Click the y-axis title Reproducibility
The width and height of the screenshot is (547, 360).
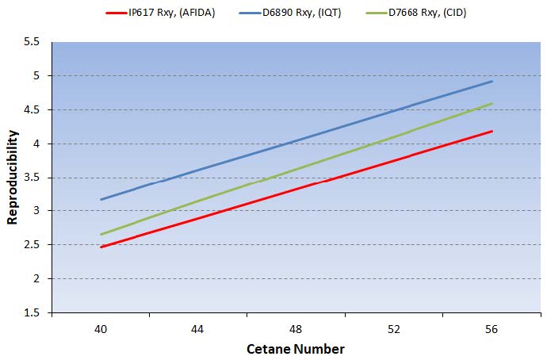click(x=12, y=177)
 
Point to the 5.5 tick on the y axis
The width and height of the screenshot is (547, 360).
click(x=32, y=42)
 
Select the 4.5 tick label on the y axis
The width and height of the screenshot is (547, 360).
click(x=32, y=109)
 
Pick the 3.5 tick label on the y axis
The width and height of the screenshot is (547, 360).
click(x=32, y=177)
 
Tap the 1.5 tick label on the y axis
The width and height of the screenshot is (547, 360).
click(x=32, y=312)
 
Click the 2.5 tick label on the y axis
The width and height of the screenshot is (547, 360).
click(x=32, y=245)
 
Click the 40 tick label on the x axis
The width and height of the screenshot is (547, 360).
click(x=101, y=329)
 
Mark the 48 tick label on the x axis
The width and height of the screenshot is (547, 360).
click(x=296, y=329)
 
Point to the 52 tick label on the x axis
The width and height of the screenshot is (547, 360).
click(x=394, y=329)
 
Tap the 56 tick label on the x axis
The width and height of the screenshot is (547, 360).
click(x=492, y=329)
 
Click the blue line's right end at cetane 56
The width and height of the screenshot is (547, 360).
click(x=492, y=81)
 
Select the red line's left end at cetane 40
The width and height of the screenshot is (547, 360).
click(x=101, y=247)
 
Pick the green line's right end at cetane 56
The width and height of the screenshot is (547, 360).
click(x=492, y=103)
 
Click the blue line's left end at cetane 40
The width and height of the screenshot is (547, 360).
click(x=101, y=199)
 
